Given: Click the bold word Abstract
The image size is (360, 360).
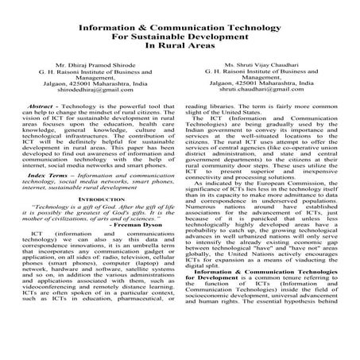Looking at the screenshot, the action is (40, 126).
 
